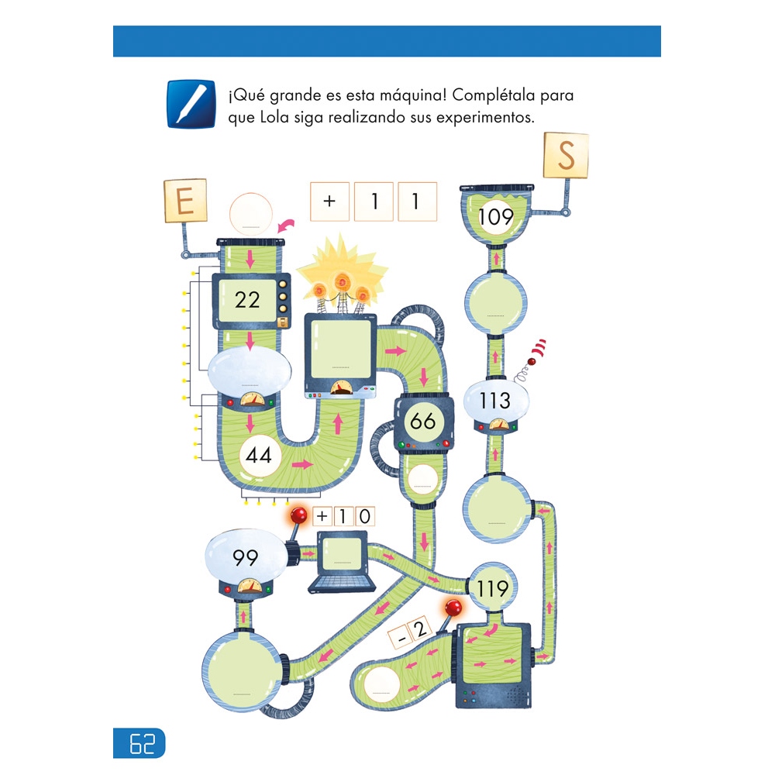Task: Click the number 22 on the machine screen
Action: tap(247, 299)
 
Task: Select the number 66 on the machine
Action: tap(423, 422)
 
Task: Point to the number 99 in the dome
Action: tap(245, 557)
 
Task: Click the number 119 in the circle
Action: tap(493, 589)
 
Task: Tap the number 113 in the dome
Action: tap(494, 400)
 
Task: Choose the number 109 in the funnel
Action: tap(496, 217)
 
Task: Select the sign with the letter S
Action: tap(567, 156)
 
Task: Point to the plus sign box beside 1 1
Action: tap(330, 201)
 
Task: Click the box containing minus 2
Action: tap(411, 632)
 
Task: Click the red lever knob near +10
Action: tap(298, 516)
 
